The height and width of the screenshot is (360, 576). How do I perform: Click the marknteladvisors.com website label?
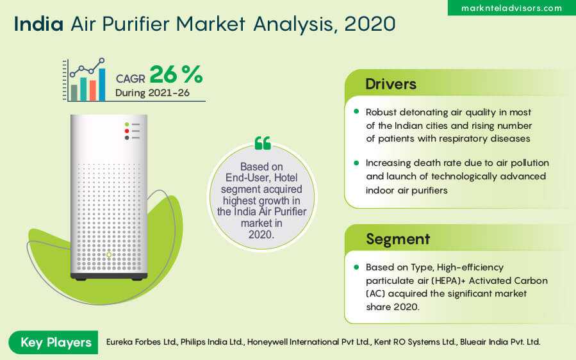click(511, 8)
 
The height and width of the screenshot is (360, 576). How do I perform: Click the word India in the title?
click(38, 24)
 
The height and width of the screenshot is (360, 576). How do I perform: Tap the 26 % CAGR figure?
click(176, 74)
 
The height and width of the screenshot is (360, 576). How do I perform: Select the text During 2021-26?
click(152, 93)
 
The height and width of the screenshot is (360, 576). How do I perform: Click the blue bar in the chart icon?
click(102, 85)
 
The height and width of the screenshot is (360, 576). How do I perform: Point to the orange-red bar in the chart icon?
click(93, 90)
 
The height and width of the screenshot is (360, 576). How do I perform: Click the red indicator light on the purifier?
click(127, 131)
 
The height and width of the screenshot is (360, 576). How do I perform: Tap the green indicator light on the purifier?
click(127, 124)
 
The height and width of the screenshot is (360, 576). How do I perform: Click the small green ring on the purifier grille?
click(109, 254)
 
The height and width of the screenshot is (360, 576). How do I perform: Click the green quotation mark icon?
click(263, 143)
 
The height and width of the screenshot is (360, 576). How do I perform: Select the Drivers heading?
click(391, 84)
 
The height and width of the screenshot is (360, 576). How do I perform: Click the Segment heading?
click(398, 239)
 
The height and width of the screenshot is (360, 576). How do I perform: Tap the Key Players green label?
click(56, 342)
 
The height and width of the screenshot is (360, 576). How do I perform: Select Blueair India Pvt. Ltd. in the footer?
click(500, 342)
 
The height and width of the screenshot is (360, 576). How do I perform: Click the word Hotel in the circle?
click(286, 178)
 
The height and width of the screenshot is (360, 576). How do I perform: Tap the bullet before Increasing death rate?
click(356, 163)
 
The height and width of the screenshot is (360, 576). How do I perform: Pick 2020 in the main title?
click(370, 24)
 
